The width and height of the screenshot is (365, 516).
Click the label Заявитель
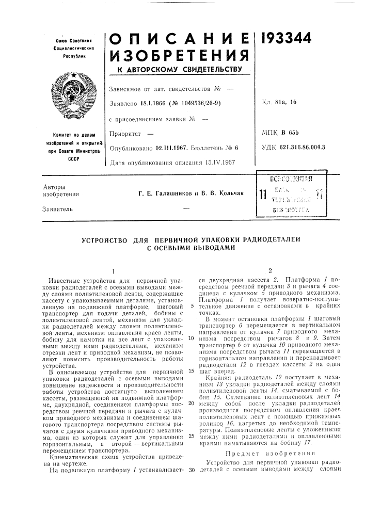58,209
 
